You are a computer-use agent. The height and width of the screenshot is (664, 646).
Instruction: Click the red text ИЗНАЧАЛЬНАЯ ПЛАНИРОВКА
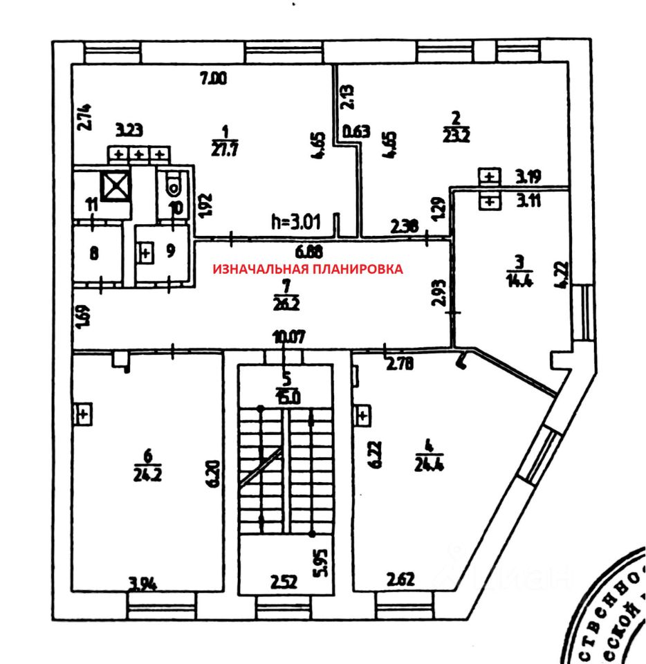pyautogui.click(x=307, y=269)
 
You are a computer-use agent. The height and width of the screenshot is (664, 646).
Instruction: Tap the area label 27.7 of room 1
pyautogui.click(x=223, y=144)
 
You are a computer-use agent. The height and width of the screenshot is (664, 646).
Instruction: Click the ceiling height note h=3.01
pyautogui.click(x=297, y=222)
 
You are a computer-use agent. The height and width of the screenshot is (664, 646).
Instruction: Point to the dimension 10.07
pyautogui.click(x=288, y=338)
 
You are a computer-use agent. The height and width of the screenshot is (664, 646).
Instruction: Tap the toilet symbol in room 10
pyautogui.click(x=174, y=185)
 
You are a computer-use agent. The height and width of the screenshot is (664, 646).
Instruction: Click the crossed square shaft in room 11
pyautogui.click(x=113, y=185)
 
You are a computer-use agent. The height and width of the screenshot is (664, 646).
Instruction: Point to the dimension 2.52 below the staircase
pyautogui.click(x=284, y=582)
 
